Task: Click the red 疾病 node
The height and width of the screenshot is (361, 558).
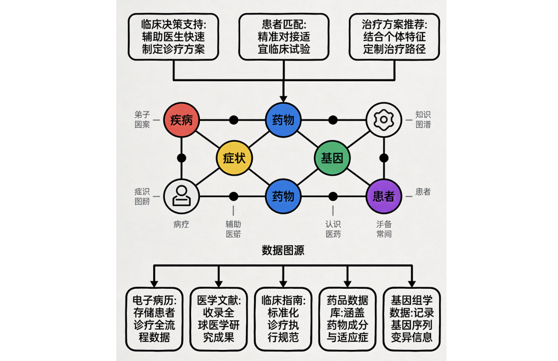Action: tap(181, 120)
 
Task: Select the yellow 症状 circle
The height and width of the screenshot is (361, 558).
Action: tap(234, 158)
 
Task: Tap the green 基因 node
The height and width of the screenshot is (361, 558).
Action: tap(332, 158)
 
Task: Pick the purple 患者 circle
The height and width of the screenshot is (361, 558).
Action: tap(384, 196)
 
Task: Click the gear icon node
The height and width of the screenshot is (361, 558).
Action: tap(384, 120)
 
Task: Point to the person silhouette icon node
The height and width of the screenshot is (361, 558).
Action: tap(181, 196)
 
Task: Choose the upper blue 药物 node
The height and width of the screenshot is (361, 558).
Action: tap(283, 120)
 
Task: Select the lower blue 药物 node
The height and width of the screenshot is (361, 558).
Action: tap(283, 196)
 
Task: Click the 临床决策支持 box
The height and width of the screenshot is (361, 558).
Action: tap(173, 37)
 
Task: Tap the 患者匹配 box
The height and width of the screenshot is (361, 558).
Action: tap(284, 37)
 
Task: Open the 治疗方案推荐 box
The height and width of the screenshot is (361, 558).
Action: tap(394, 37)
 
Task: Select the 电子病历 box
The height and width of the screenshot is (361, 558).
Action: tap(154, 319)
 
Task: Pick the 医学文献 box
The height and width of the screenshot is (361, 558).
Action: tap(219, 319)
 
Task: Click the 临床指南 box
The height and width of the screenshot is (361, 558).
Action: tap(283, 319)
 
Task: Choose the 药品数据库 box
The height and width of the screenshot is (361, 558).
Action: tap(348, 319)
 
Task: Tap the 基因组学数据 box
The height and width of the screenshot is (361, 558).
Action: tap(412, 319)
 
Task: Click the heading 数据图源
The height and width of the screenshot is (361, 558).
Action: tap(283, 250)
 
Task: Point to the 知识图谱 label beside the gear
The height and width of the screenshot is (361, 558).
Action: tap(423, 119)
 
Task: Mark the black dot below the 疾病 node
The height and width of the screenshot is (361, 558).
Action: tap(181, 158)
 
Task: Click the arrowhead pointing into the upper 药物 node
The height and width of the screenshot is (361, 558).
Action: tap(283, 99)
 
